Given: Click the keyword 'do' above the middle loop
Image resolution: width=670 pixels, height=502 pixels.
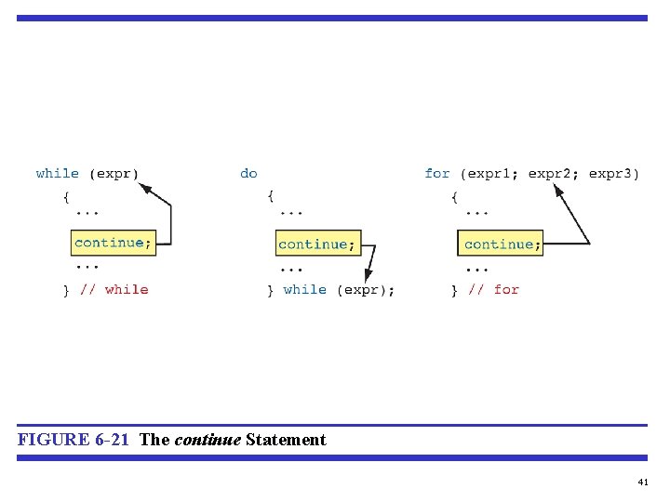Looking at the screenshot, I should [248, 174].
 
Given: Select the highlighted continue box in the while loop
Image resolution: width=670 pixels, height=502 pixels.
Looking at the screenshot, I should [113, 243].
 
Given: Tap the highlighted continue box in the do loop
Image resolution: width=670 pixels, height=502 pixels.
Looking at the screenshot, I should [317, 244].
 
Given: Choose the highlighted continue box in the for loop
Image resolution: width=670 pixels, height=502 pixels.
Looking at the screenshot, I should [501, 244].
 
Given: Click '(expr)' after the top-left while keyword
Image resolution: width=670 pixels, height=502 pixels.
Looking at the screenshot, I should [114, 174].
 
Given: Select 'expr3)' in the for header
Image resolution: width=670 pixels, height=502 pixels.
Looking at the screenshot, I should [614, 174].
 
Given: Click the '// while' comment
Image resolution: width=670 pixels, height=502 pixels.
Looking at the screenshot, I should [114, 290].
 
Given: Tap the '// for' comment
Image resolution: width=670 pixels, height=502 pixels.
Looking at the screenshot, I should [493, 290].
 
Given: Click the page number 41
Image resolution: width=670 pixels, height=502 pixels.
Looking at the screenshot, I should [642, 482].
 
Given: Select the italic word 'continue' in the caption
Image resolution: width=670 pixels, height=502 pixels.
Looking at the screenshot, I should [208, 440].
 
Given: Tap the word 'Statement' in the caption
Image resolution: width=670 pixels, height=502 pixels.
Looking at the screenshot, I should [286, 440].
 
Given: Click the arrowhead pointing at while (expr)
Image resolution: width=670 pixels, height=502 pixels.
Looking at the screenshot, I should [144, 188].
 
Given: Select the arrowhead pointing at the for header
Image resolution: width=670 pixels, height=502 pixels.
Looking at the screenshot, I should [559, 190].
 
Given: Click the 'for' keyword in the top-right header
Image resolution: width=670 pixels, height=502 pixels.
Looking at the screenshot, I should [436, 174].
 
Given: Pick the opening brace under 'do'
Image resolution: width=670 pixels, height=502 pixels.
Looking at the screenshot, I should [270, 196].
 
